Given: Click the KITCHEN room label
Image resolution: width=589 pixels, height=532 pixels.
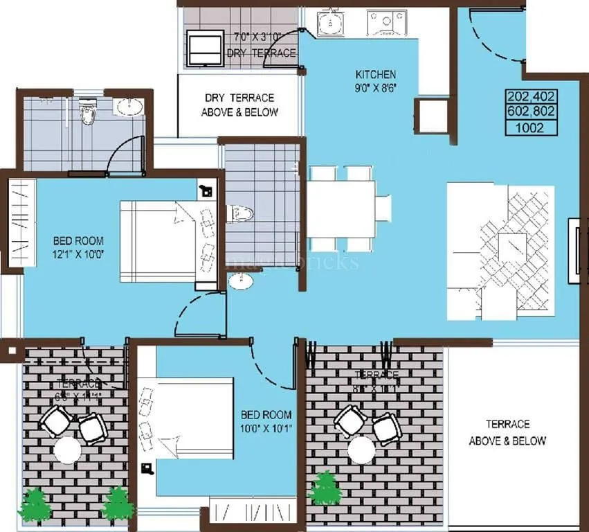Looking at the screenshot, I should [x=375, y=74].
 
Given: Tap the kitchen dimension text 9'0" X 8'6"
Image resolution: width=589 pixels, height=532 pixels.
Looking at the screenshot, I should [x=375, y=87].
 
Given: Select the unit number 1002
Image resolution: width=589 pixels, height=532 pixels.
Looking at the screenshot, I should [x=532, y=127].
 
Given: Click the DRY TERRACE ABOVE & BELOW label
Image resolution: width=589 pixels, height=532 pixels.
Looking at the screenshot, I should [x=239, y=105].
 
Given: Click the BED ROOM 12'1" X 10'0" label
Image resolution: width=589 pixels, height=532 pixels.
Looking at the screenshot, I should [x=78, y=247].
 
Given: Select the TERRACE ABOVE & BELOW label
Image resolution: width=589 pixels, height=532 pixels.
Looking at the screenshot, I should [x=507, y=432].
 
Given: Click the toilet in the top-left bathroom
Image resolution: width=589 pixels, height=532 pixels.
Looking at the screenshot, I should [x=87, y=111].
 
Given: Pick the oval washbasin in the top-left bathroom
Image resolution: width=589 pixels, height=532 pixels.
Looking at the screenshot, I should [x=129, y=107].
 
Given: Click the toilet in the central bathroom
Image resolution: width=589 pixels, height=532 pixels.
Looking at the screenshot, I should [x=242, y=214].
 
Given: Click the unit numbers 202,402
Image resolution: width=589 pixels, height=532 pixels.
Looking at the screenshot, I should [x=532, y=96].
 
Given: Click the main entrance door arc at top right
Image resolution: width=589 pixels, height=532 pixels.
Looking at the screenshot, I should [x=494, y=35].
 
